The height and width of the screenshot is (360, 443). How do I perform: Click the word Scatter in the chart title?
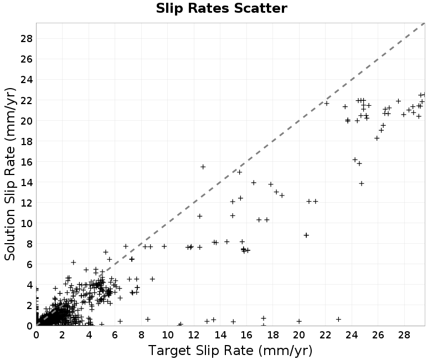[260, 8]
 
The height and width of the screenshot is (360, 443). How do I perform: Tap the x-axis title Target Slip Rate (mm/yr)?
[230, 351]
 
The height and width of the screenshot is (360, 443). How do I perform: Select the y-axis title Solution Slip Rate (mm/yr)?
[10, 174]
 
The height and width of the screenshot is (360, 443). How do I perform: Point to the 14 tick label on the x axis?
[220, 335]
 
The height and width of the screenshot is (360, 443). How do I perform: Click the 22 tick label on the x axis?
[325, 335]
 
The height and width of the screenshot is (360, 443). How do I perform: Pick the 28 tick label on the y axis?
[27, 38]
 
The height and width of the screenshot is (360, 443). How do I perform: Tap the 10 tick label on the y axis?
[27, 223]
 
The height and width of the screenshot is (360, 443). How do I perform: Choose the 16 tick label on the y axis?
[27, 162]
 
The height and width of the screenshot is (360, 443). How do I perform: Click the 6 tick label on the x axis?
[115, 335]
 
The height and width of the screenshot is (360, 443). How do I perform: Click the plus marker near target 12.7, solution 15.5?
[203, 167]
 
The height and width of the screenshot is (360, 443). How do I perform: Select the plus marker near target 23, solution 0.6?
[338, 320]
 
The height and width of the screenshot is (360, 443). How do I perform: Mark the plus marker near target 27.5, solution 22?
[398, 101]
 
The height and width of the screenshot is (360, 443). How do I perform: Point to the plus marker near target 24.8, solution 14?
[362, 184]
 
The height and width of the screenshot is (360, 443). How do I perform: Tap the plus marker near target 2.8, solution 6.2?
[74, 263]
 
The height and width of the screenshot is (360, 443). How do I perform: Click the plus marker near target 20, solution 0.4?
[299, 321]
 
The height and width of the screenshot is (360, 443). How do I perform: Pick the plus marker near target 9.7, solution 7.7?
[164, 246]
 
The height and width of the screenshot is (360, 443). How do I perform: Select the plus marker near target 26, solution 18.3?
[377, 138]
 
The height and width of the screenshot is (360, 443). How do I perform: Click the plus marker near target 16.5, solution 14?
[254, 183]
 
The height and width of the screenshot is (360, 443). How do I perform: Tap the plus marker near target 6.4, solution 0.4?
[120, 321]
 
